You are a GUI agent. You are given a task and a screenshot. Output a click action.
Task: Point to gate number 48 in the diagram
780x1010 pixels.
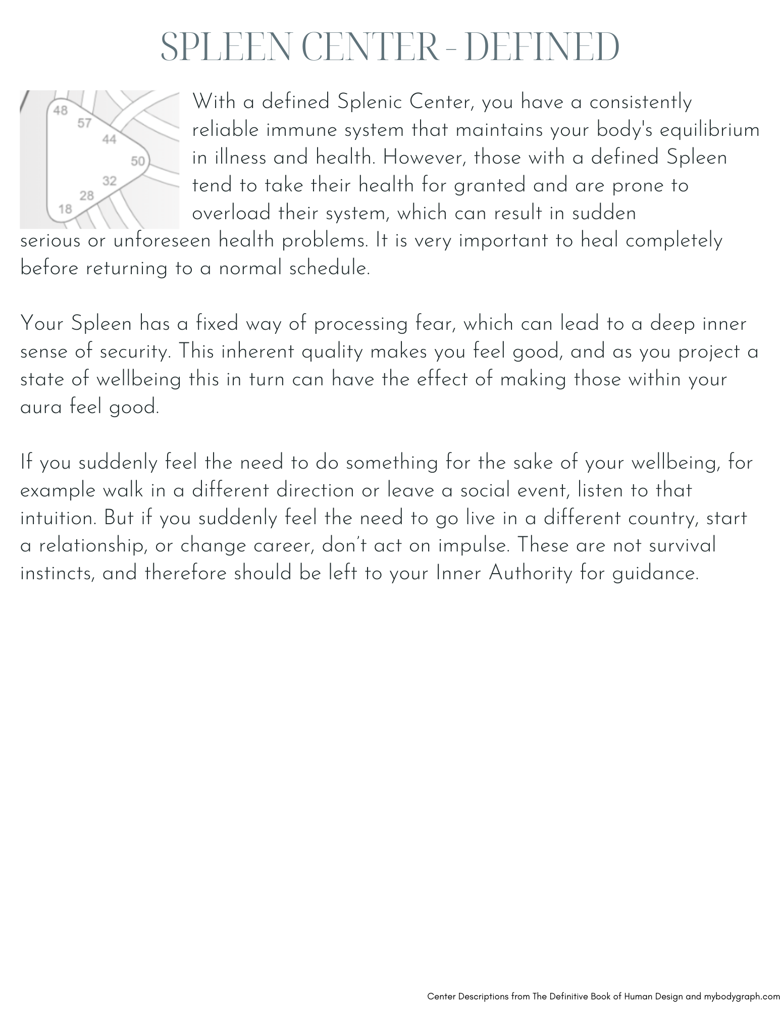(x=61, y=110)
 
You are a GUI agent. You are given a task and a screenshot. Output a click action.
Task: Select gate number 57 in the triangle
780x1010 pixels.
(x=85, y=123)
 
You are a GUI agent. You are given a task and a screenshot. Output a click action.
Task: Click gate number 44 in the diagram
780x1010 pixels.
(x=110, y=139)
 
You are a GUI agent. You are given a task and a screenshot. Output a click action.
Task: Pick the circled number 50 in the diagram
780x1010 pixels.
(x=138, y=161)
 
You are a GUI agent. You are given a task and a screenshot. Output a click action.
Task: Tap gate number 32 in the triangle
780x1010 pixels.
(x=110, y=181)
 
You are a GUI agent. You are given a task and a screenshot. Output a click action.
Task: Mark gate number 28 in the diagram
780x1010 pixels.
(x=87, y=195)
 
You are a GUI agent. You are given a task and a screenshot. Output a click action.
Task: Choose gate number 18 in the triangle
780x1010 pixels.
(x=65, y=209)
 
